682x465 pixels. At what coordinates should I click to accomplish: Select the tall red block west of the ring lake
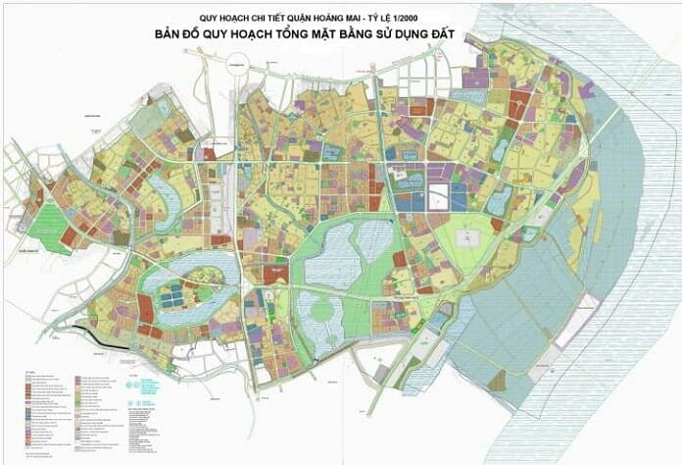[145, 310]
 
